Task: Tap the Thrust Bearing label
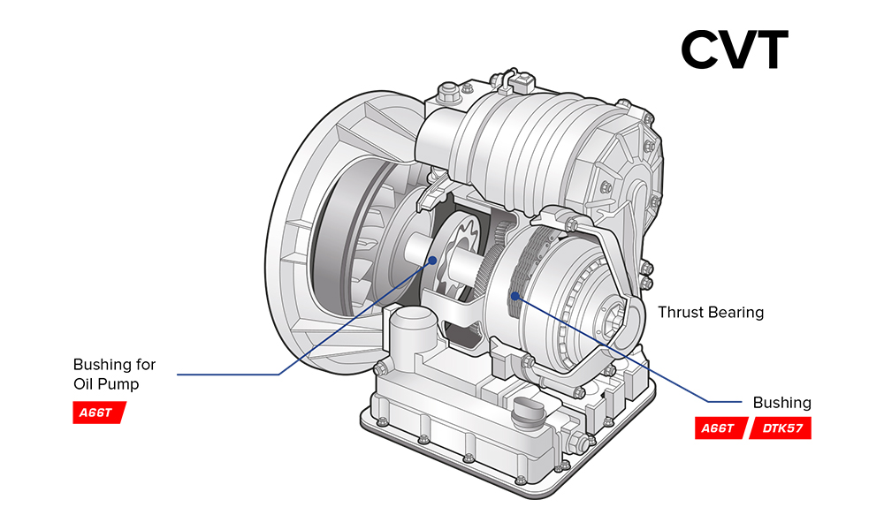(x=711, y=312)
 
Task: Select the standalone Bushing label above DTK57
(x=782, y=403)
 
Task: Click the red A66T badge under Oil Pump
(x=98, y=413)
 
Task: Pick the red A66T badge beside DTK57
(x=720, y=428)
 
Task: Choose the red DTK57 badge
(x=781, y=428)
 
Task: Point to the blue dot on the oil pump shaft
(x=432, y=261)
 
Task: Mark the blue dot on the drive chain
(x=514, y=296)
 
